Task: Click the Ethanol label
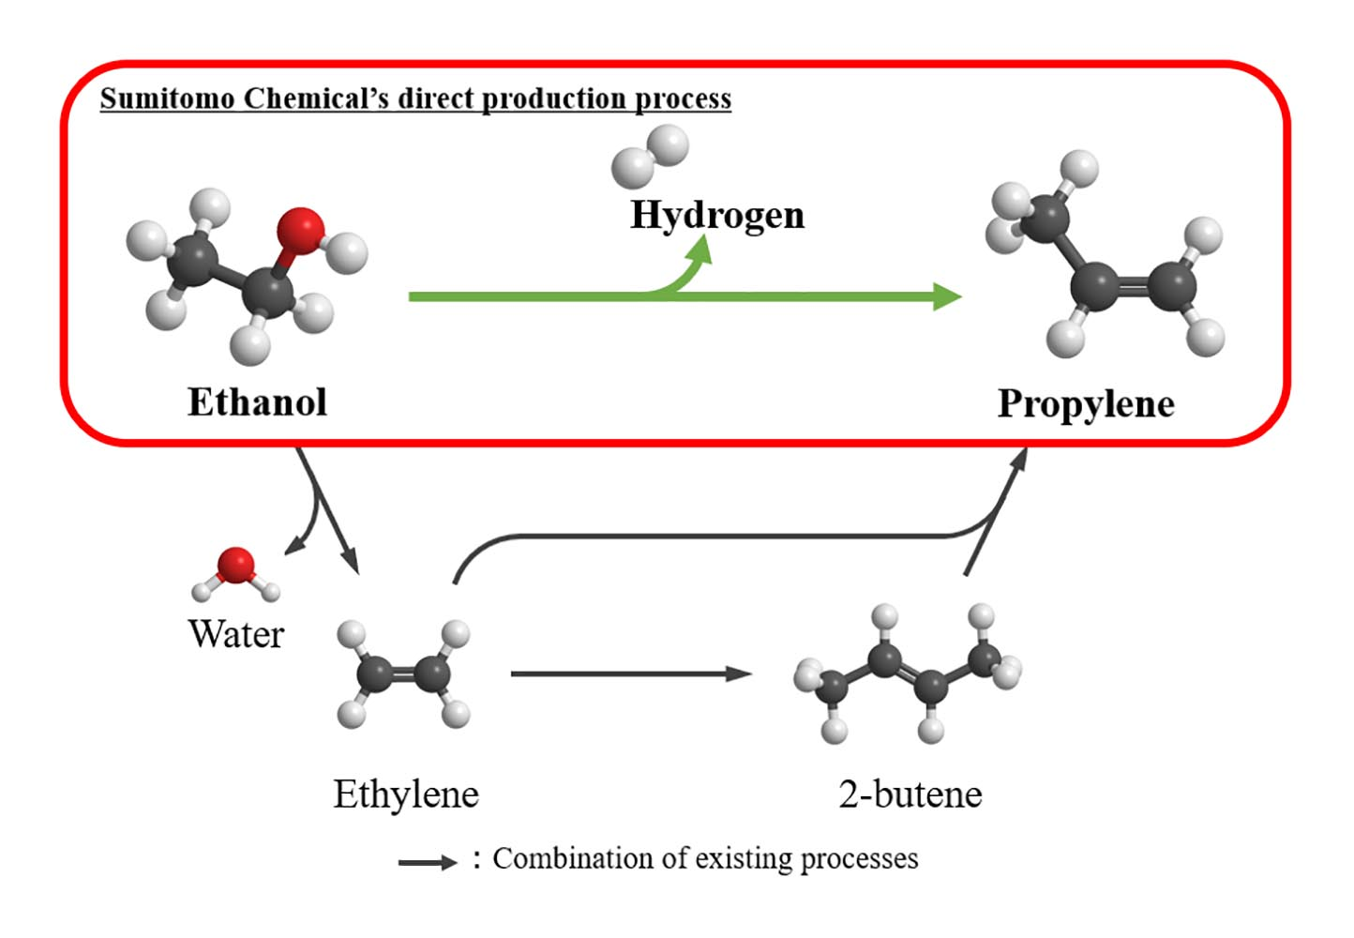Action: pyautogui.click(x=257, y=402)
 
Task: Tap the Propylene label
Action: pyautogui.click(x=1086, y=404)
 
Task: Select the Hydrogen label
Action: pyautogui.click(x=717, y=215)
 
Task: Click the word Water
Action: pyautogui.click(x=235, y=634)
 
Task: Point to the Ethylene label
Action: pyautogui.click(x=406, y=794)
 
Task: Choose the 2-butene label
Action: pyautogui.click(x=910, y=794)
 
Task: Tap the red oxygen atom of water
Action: pyautogui.click(x=235, y=565)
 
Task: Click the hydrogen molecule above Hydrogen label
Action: pyautogui.click(x=650, y=158)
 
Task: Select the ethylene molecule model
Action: pyautogui.click(x=404, y=673)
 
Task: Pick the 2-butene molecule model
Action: pyautogui.click(x=907, y=673)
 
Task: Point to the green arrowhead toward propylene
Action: pyautogui.click(x=948, y=296)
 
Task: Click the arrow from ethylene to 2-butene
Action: pyautogui.click(x=630, y=673)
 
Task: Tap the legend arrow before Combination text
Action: pyautogui.click(x=427, y=862)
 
